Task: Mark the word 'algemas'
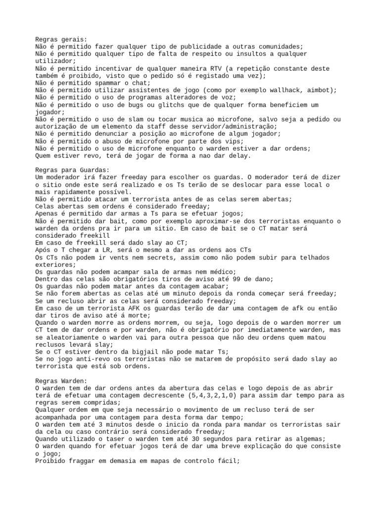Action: [x=311, y=439]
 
